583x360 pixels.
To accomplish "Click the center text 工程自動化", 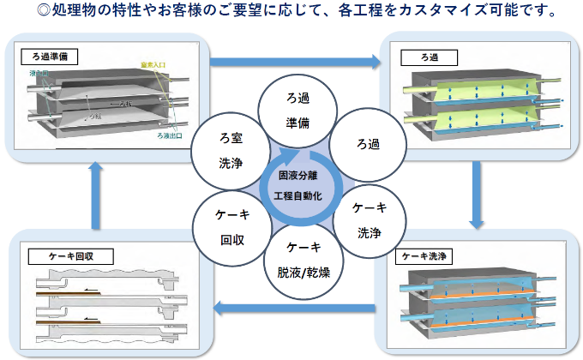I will pyautogui.click(x=296, y=196).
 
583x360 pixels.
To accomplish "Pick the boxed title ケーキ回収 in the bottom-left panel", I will pyautogui.click(x=61, y=256).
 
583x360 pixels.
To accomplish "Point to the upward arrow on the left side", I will pyautogui.click(x=97, y=195).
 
